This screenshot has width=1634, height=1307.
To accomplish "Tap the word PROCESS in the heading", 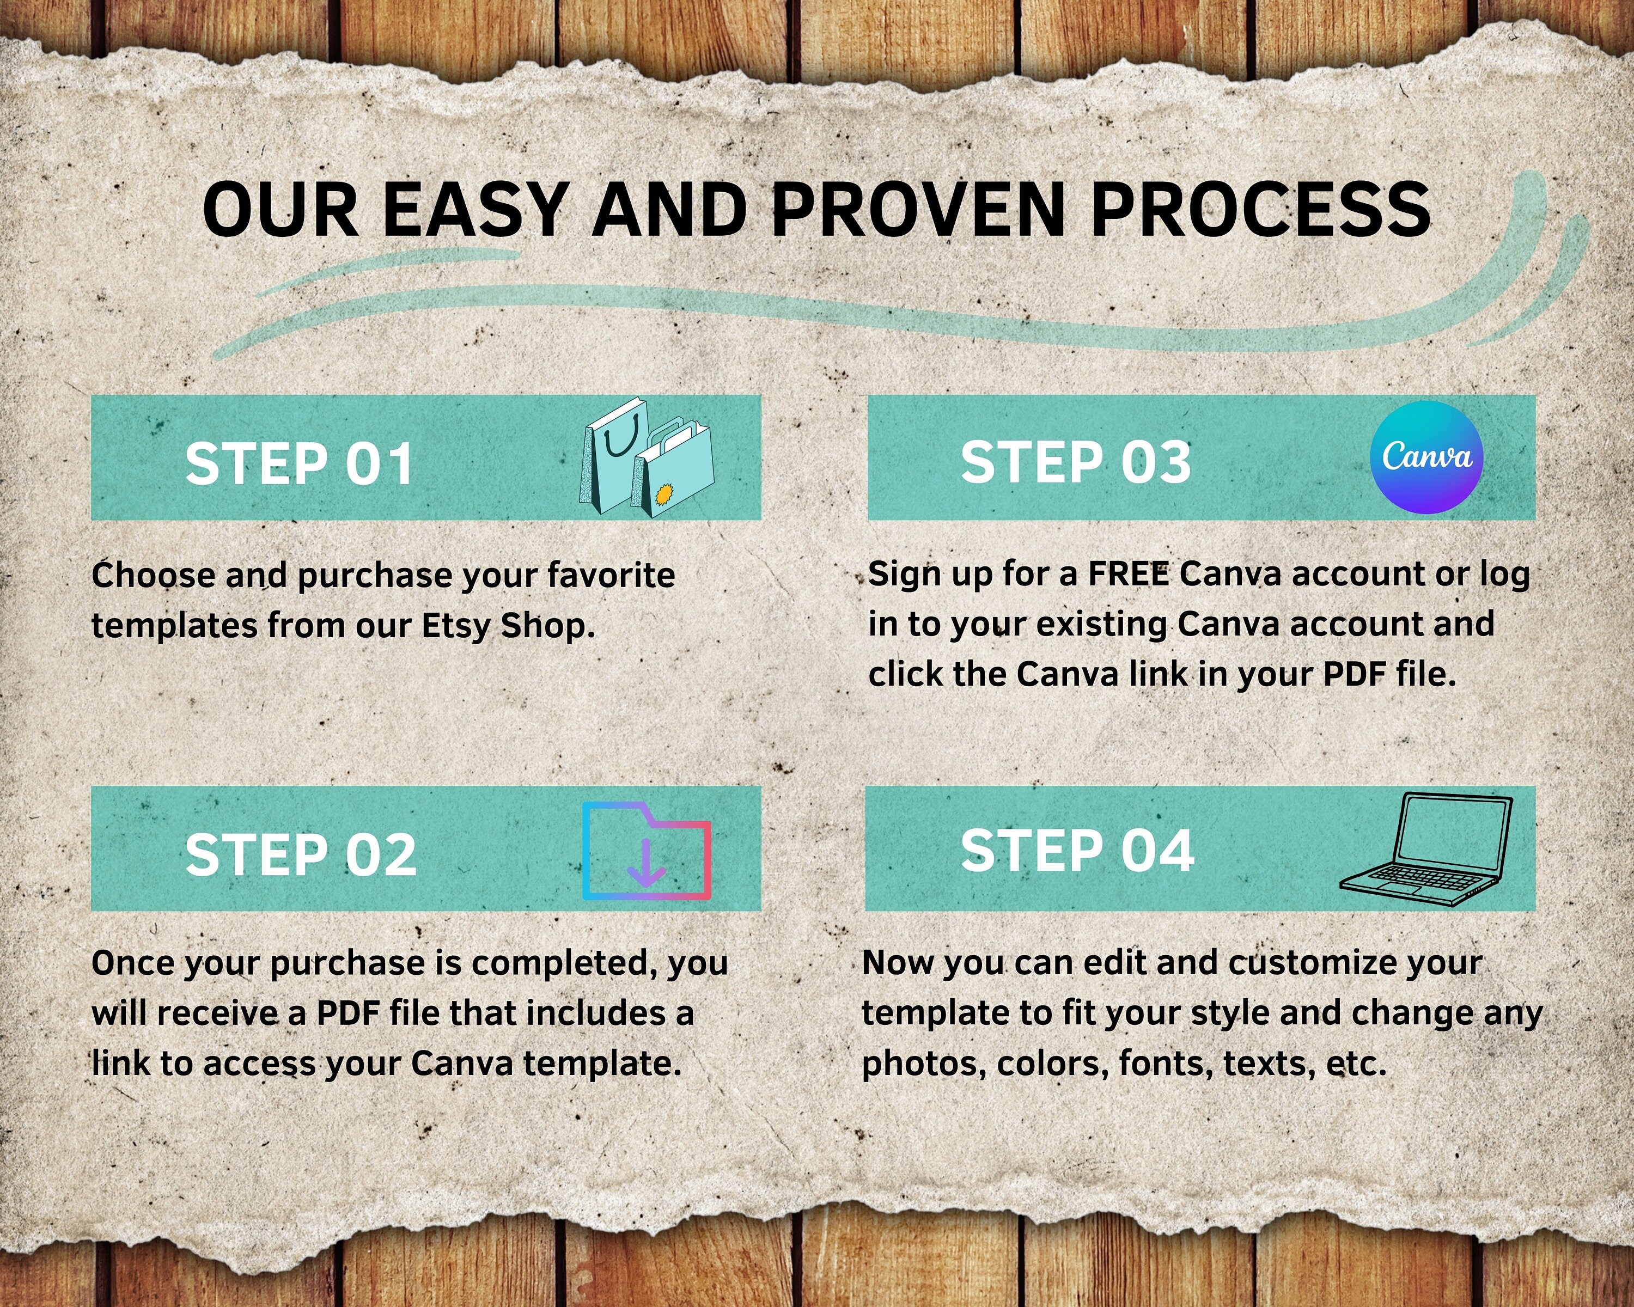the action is tap(1260, 209).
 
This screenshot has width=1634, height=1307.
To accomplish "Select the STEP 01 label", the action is tap(300, 463).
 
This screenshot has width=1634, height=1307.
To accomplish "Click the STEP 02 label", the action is tap(301, 854).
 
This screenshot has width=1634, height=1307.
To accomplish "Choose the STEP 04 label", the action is tap(1078, 850).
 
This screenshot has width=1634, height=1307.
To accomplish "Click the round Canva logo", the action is tap(1427, 457).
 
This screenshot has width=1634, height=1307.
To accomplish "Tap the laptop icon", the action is tap(1425, 850).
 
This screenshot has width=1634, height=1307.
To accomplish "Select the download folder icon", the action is tap(647, 851).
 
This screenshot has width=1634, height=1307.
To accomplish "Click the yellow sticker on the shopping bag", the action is tap(663, 496).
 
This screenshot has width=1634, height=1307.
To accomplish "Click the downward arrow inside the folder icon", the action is tap(647, 862).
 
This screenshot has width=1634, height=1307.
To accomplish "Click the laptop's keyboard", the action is tap(1412, 878).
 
